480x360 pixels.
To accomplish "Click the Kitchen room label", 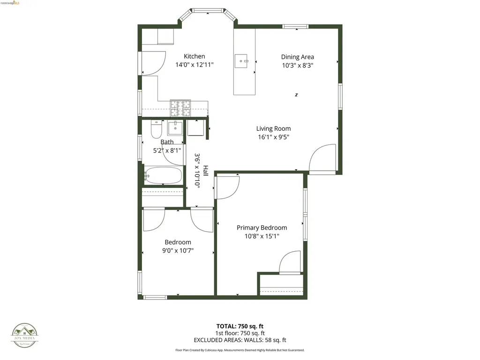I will (x=194, y=56).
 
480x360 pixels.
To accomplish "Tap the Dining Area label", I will (x=297, y=57).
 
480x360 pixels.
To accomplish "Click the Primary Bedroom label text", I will (x=262, y=228).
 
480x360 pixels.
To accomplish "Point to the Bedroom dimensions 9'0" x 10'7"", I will (x=178, y=251).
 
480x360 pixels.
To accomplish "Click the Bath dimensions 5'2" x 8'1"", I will (x=167, y=150).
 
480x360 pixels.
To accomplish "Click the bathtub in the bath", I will (x=163, y=176).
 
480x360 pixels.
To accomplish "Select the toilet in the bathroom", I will (x=156, y=130).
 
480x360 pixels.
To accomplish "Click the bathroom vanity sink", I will (x=175, y=127).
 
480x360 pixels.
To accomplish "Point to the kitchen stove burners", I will (x=180, y=109).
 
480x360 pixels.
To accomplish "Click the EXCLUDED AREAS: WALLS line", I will (x=240, y=340).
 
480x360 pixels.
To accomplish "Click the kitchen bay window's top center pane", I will (x=208, y=10).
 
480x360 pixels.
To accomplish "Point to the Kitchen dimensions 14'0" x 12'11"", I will (x=194, y=65).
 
